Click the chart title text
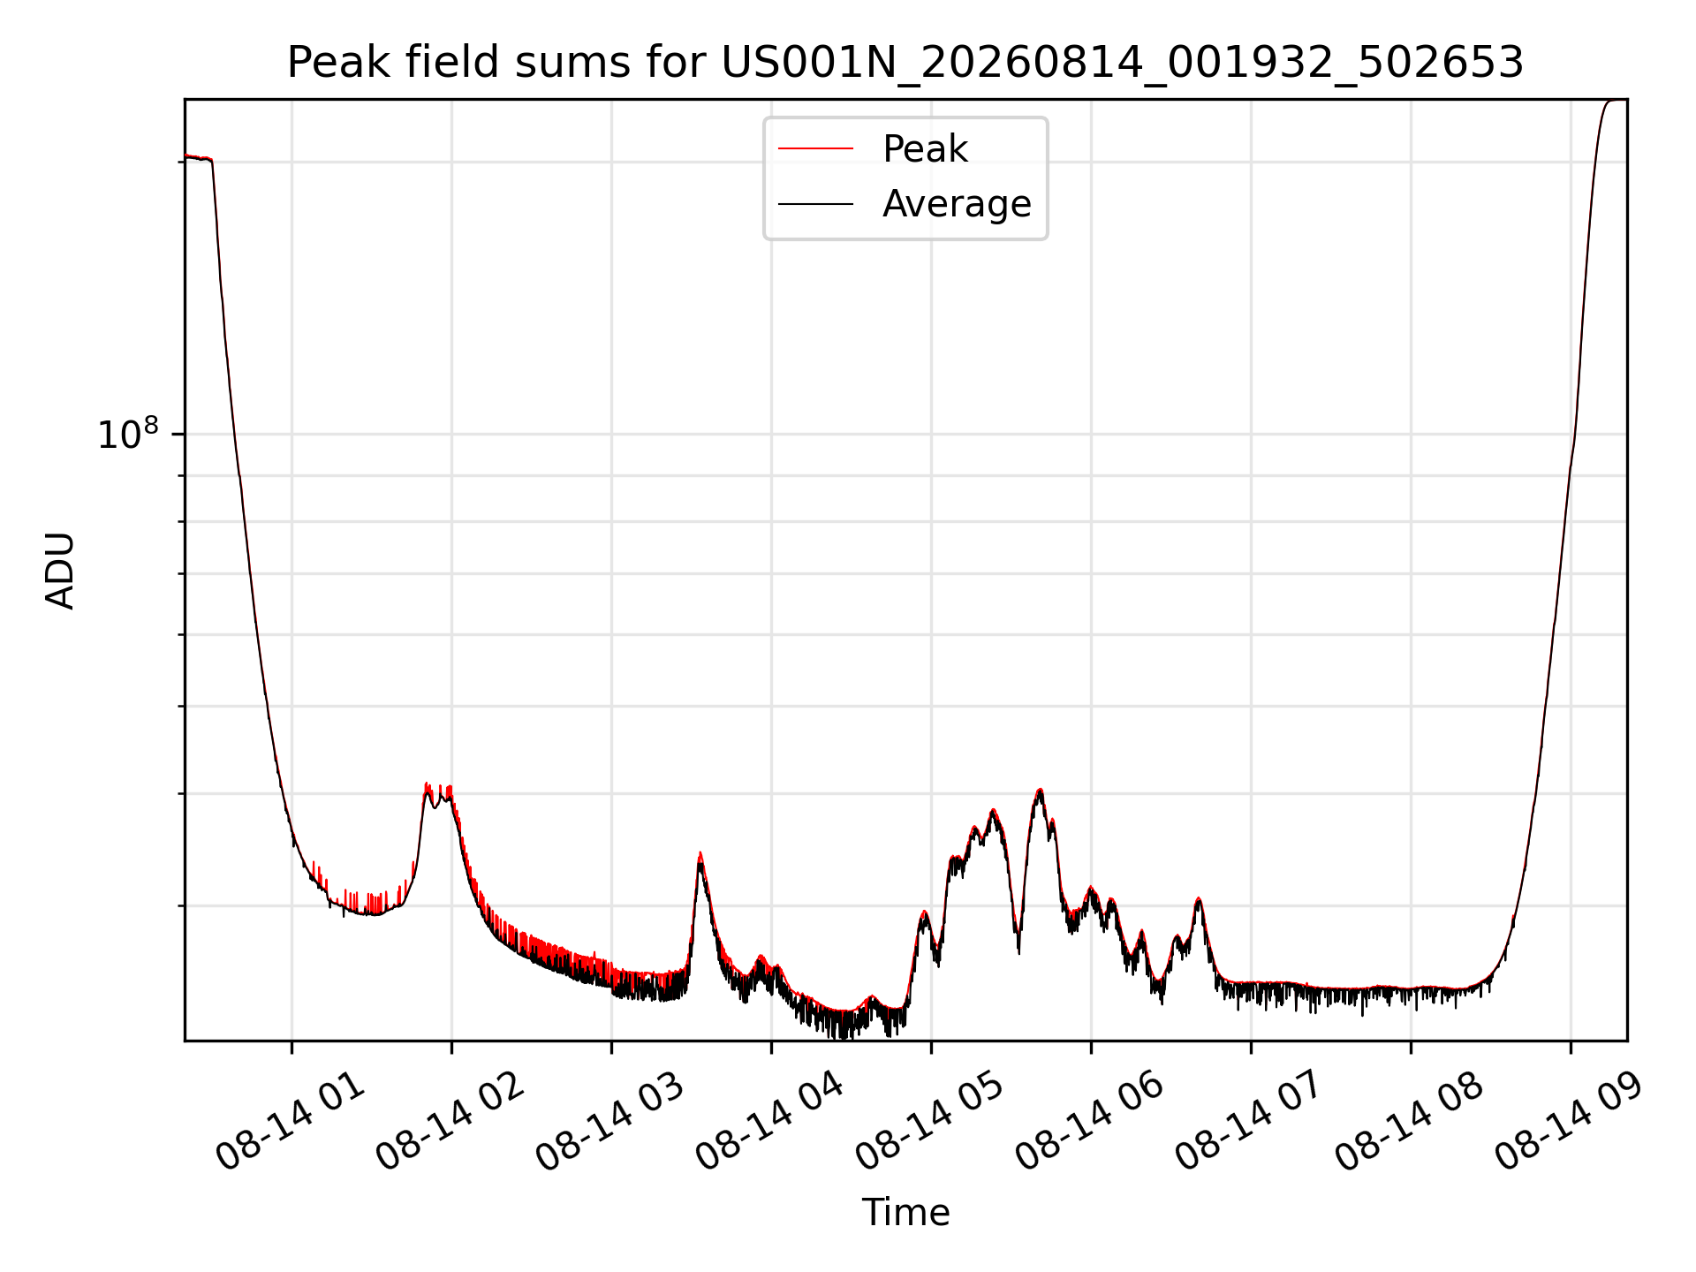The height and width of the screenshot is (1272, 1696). click(905, 63)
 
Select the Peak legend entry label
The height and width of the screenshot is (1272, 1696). click(925, 149)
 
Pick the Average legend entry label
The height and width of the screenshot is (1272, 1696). click(957, 204)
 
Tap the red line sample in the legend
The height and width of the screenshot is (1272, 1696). click(815, 149)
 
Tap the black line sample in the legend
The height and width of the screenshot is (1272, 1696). click(815, 204)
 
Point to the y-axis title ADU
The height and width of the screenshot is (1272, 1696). click(60, 571)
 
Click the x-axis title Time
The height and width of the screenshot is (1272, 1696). click(905, 1213)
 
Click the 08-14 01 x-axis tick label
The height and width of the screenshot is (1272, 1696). click(290, 1122)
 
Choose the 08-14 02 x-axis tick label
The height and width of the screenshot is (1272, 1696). click(450, 1122)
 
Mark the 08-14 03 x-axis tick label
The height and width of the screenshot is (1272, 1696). click(609, 1122)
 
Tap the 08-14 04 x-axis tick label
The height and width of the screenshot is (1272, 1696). click(769, 1122)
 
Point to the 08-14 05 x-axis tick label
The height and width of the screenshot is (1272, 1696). click(929, 1122)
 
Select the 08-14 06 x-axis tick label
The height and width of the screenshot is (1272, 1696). click(1089, 1122)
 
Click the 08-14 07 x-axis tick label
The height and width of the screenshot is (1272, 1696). click(1249, 1122)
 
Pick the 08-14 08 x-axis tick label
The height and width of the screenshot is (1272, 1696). click(1409, 1122)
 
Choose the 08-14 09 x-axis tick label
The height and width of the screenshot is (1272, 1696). click(1569, 1122)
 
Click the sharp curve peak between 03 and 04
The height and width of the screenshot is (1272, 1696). click(700, 853)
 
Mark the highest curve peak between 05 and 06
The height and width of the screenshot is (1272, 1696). click(1041, 790)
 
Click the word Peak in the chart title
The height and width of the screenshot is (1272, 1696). click(329, 63)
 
